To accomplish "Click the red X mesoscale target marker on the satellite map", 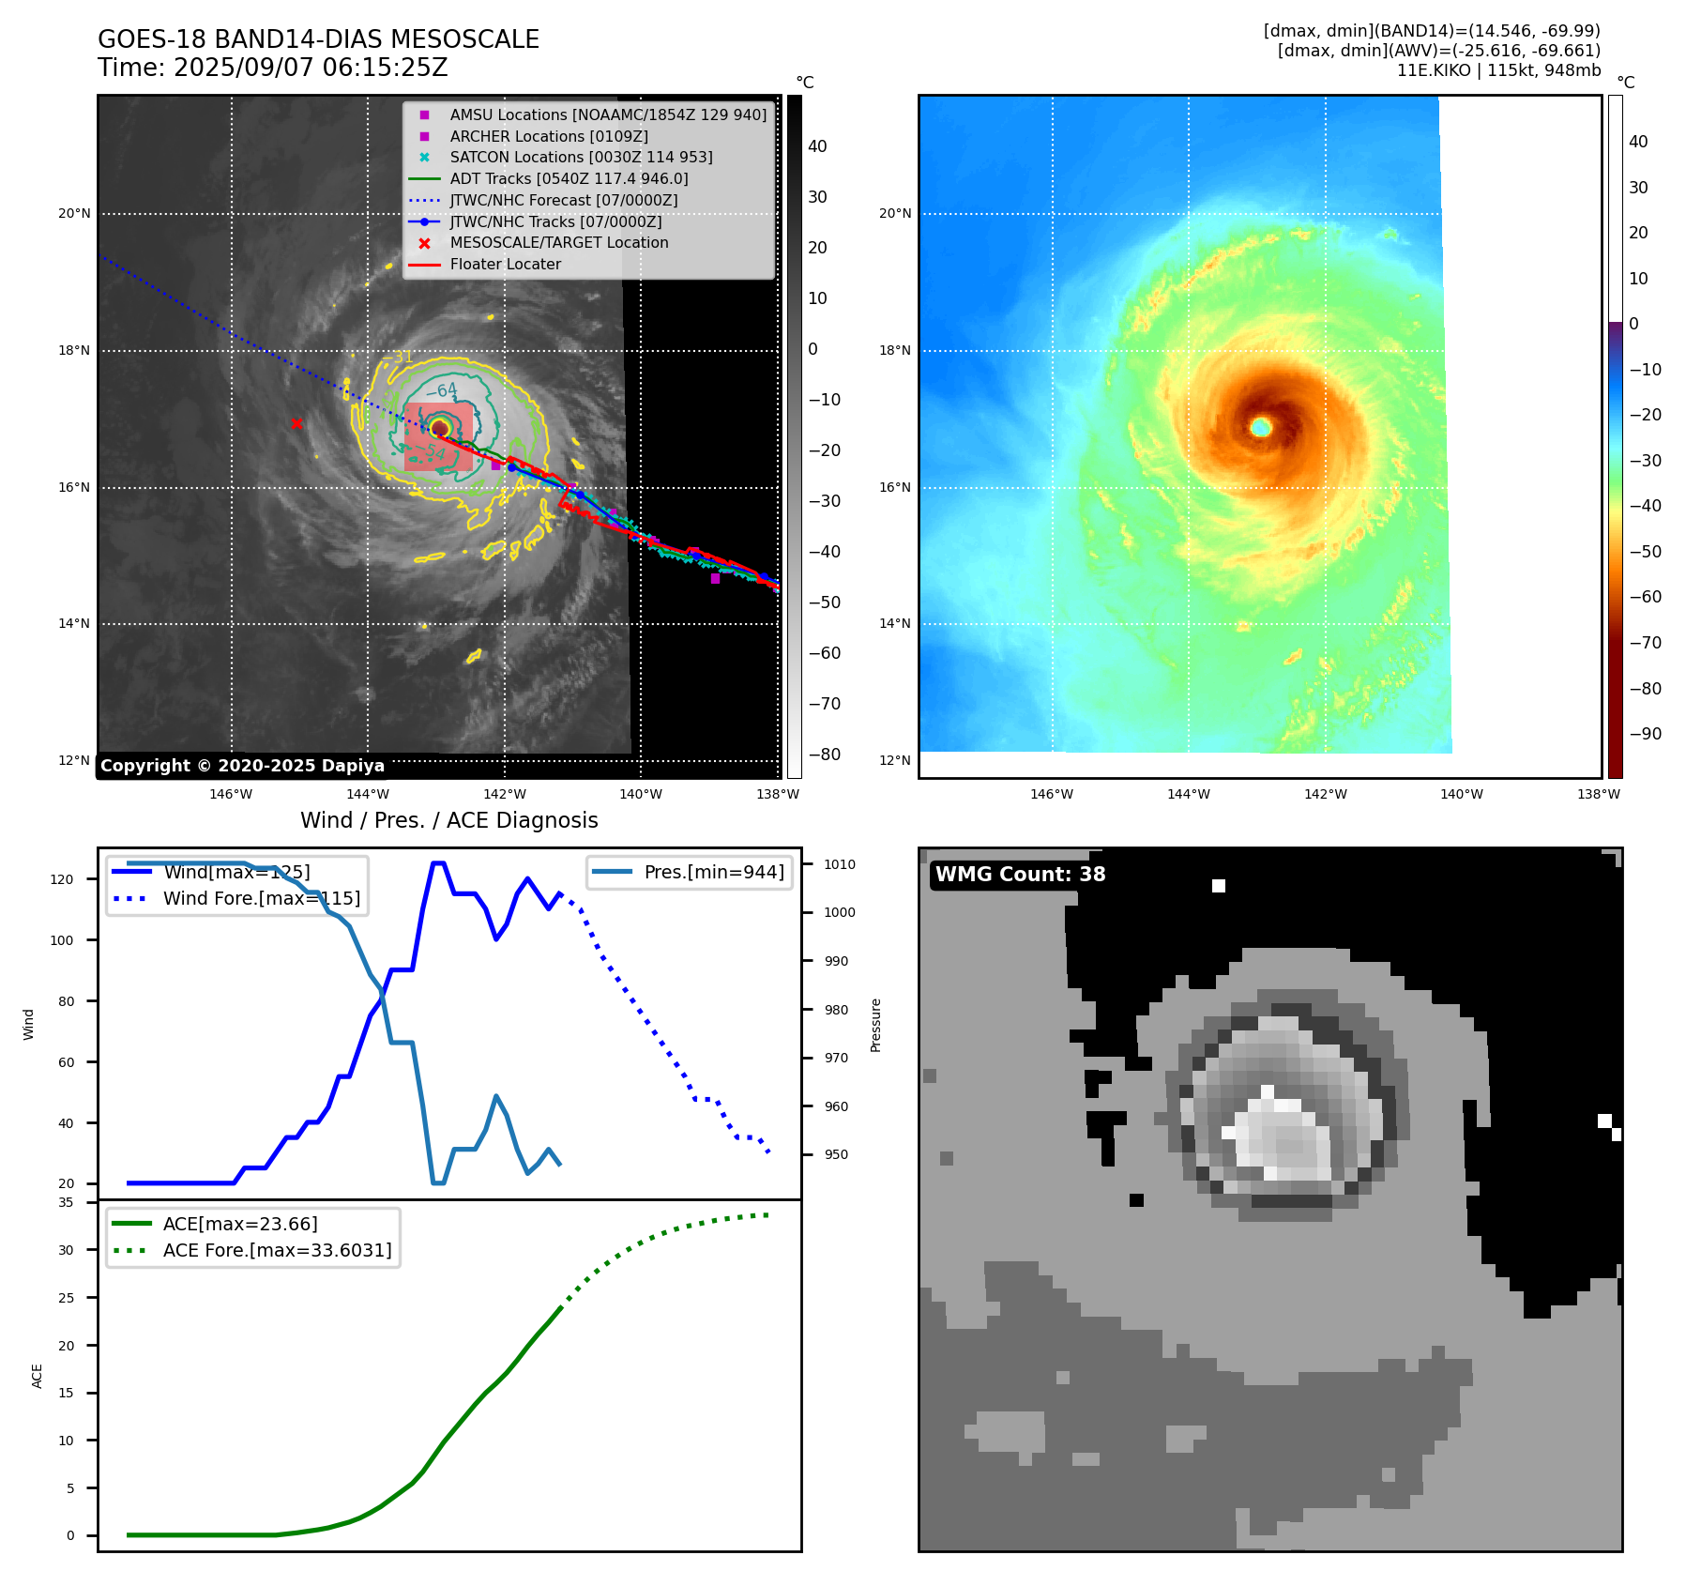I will [296, 424].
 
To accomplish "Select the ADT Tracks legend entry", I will [569, 178].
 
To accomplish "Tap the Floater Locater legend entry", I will [505, 265].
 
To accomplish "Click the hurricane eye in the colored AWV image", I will [1261, 427].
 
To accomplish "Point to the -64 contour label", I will [442, 390].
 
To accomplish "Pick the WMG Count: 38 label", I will [1020, 875].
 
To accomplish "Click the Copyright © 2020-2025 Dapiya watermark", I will [242, 766].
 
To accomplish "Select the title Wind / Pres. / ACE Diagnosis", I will [448, 820].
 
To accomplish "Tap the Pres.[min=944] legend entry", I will [713, 872].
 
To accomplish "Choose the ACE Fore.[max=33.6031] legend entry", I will [277, 1250].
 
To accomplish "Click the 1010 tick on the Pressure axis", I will [840, 864].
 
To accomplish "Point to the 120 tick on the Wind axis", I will [62, 879].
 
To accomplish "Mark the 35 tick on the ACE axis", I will [66, 1202].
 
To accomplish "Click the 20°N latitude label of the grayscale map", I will [75, 214].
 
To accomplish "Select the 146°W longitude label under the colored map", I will [1051, 794].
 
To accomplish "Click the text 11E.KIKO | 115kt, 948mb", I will [1498, 70].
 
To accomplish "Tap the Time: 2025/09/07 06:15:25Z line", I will [273, 69].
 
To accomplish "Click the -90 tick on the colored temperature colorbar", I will [1645, 734].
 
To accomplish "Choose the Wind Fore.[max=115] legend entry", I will [261, 898].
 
